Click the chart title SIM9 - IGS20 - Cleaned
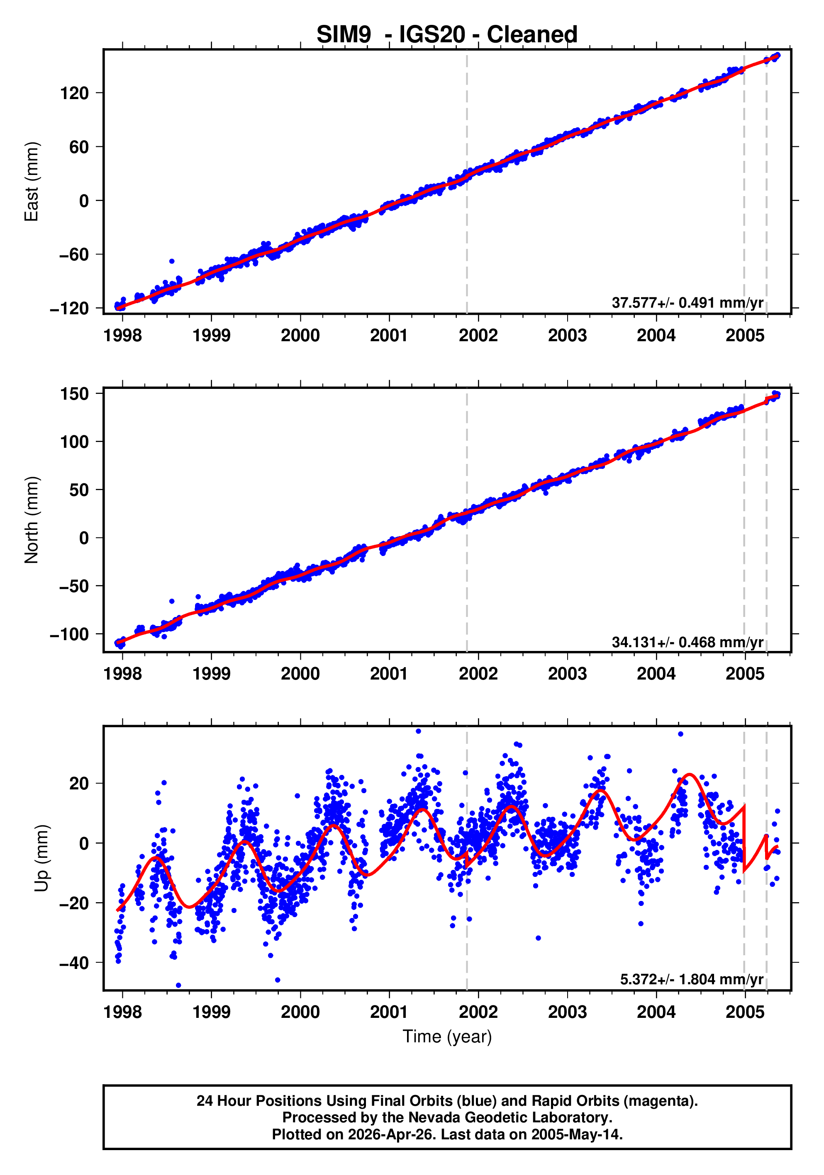point(446,35)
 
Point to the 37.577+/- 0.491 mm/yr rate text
point(687,302)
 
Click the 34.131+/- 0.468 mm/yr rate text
point(687,642)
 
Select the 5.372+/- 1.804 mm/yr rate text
point(691,979)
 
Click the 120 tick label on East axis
point(74,93)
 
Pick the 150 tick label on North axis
point(74,394)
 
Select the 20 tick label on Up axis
point(79,784)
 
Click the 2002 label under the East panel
point(478,336)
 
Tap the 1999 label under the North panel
point(211,674)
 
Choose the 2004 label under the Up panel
point(656,1012)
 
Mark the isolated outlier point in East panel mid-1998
point(171,261)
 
